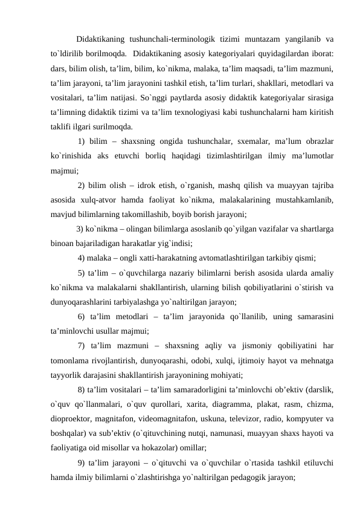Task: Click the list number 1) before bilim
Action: [84, 142]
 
